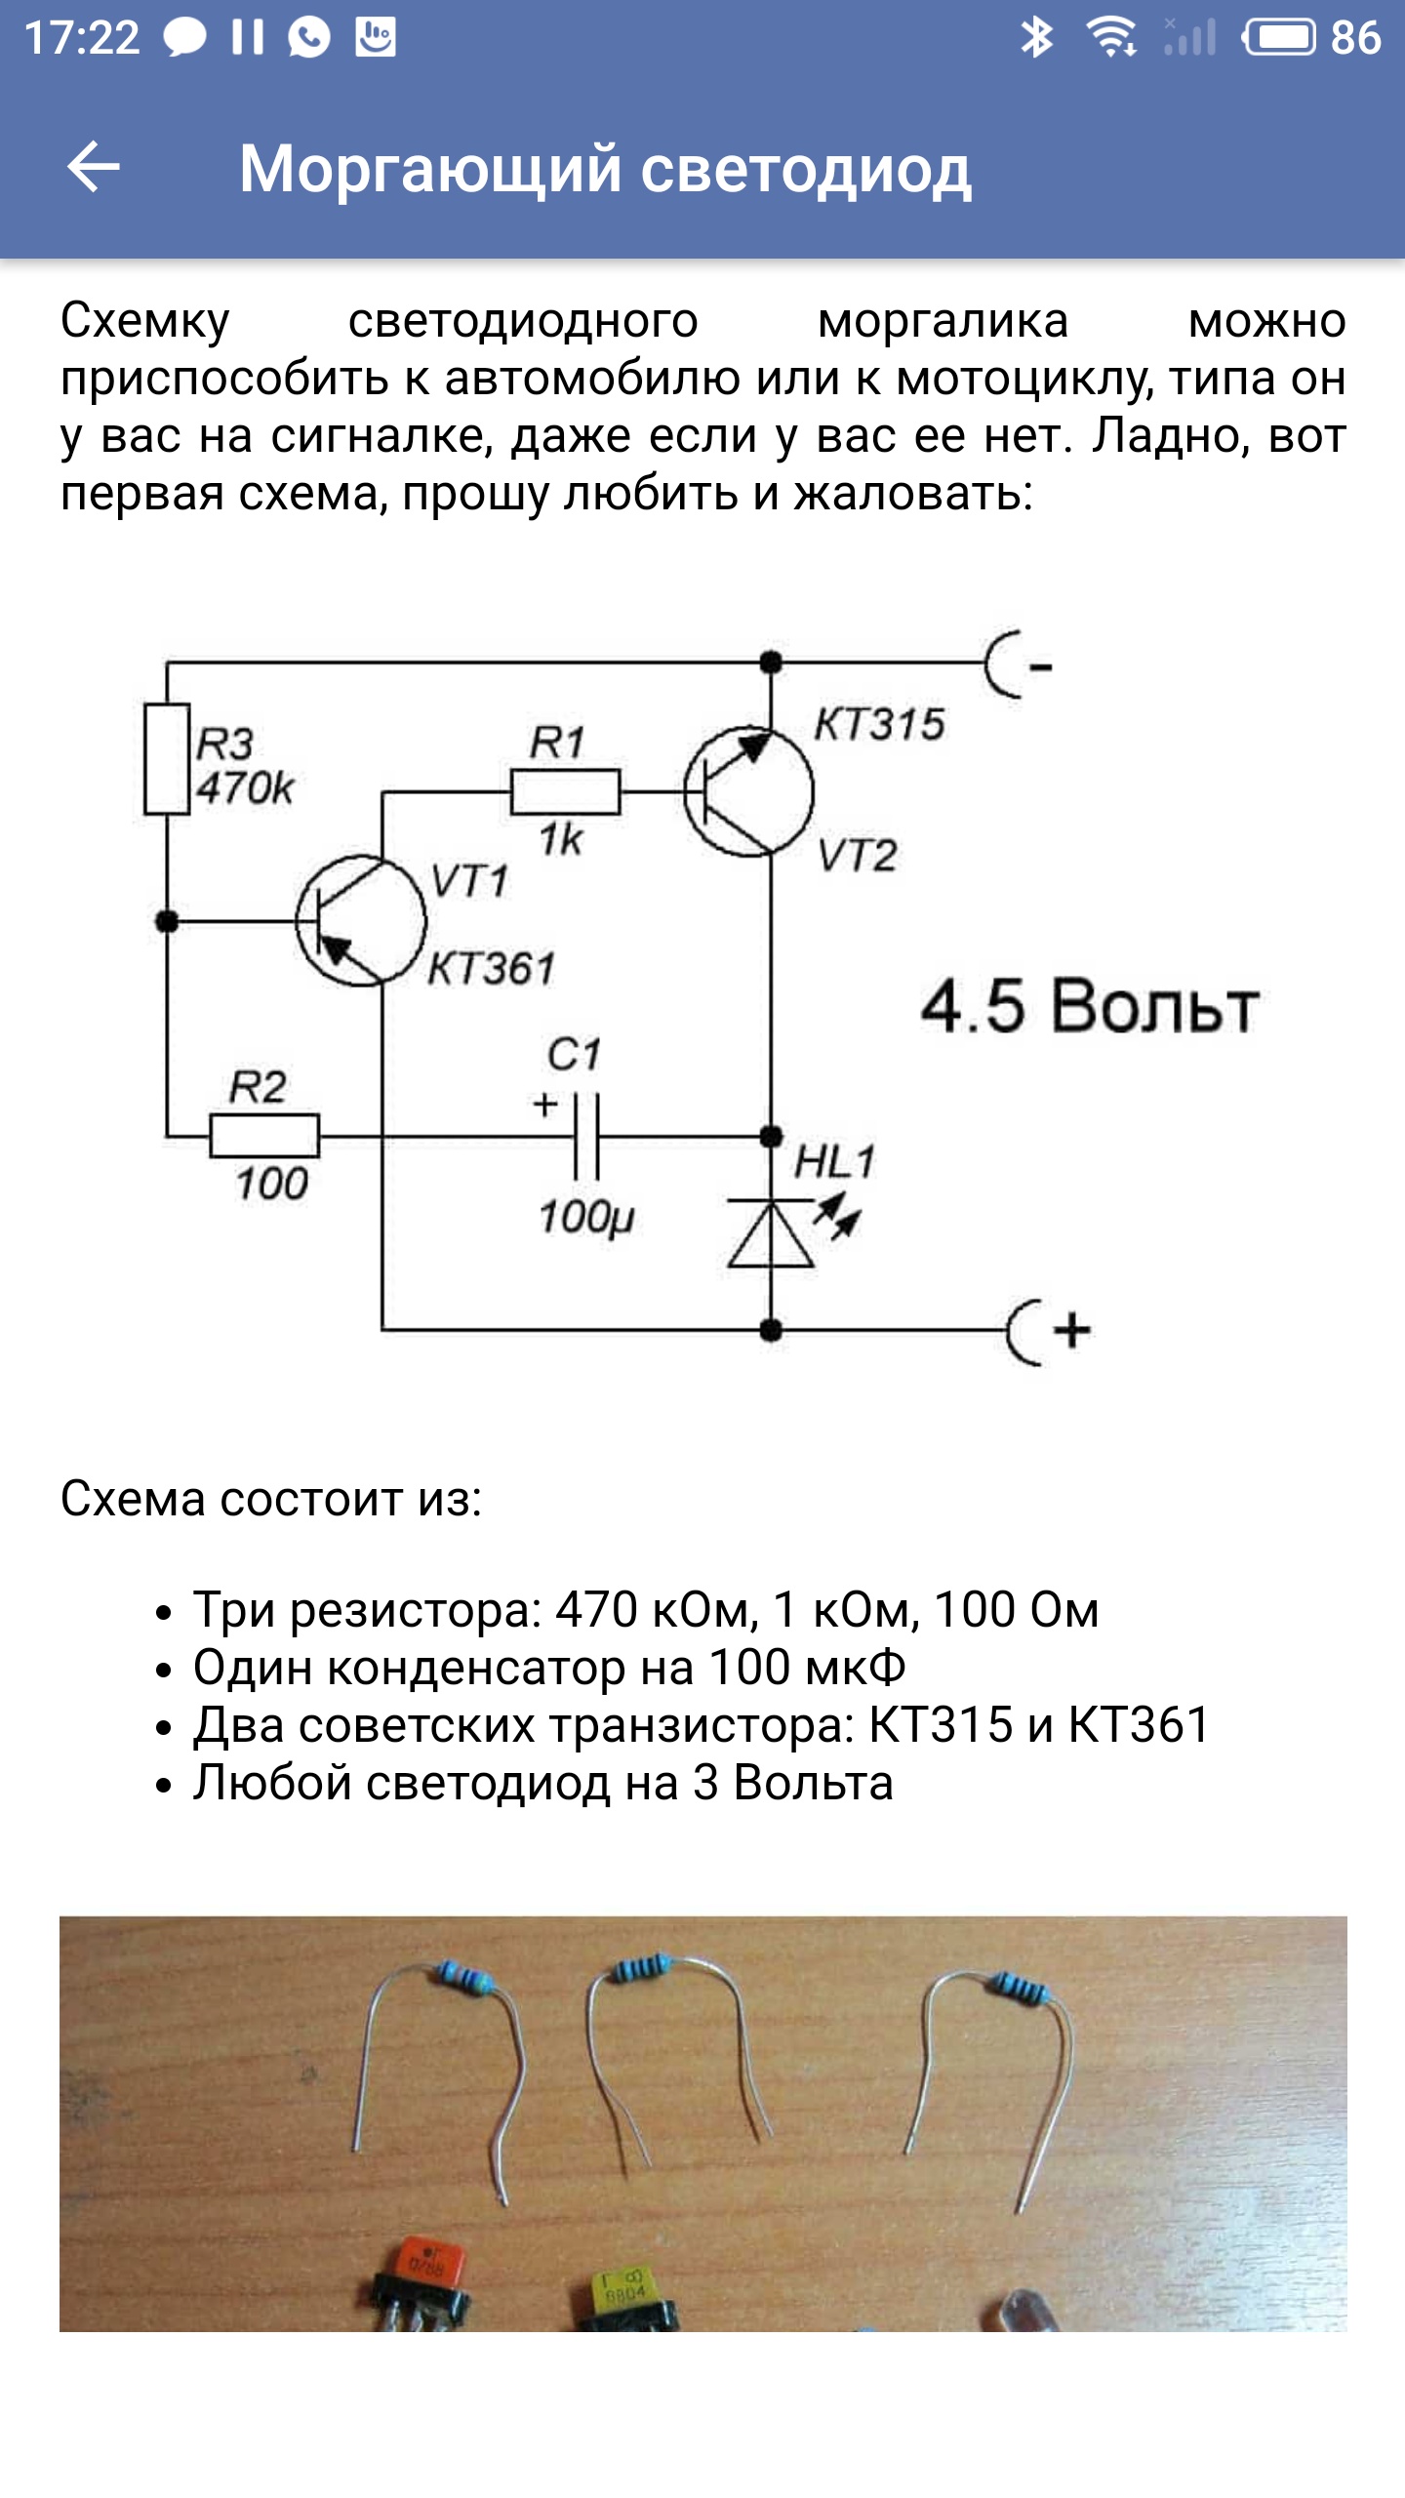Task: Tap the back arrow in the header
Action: pos(94,167)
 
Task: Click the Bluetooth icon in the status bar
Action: pos(1036,38)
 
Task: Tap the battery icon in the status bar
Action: pos(1279,38)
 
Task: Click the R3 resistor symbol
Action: pos(167,758)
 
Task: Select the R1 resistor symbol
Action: pos(565,791)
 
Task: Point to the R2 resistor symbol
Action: pos(264,1136)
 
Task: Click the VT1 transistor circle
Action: pos(361,920)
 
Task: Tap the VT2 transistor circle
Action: pos(748,791)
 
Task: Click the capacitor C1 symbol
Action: pos(586,1136)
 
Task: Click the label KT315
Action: pos(879,725)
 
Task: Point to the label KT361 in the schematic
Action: pos(492,969)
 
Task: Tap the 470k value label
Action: pos(245,788)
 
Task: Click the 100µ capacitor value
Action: pos(586,1217)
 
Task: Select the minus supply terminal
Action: pos(1018,665)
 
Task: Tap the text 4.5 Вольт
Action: pos(1089,1006)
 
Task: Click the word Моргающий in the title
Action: pos(430,169)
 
